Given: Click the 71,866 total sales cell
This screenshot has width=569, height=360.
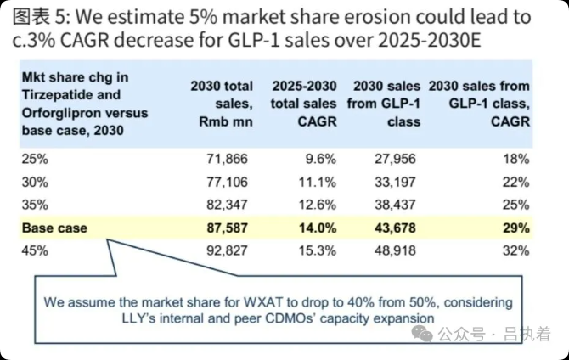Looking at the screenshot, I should (229, 159).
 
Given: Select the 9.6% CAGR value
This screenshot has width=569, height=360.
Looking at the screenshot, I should (317, 159).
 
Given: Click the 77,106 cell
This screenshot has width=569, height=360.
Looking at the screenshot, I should (229, 182).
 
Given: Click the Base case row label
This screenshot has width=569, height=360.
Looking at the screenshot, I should (54, 228).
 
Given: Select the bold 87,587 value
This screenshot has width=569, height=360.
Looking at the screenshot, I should (229, 228).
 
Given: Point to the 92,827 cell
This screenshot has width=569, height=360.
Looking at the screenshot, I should (229, 250).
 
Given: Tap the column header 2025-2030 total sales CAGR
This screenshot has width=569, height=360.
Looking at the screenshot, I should (304, 104).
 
